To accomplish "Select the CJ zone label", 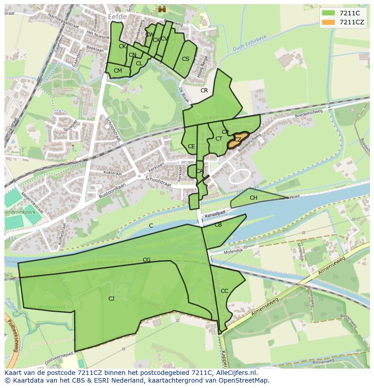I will tap(111, 298).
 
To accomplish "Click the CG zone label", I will tap(146, 260).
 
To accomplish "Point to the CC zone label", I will tap(224, 291).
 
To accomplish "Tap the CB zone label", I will tap(218, 225).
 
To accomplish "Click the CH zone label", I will tap(253, 198).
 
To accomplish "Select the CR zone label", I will tap(204, 91).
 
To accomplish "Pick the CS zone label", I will tap(186, 59).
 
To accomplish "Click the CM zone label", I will tap(118, 71).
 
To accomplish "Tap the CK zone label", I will tap(122, 46).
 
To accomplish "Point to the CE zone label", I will tap(192, 146).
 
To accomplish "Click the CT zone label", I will tap(219, 139).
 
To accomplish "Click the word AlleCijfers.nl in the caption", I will tap(235, 373).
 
